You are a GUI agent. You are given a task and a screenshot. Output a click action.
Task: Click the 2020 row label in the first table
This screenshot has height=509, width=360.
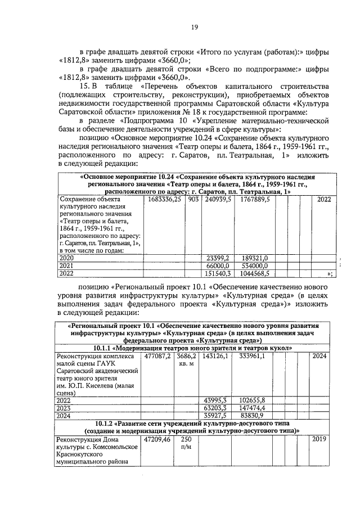67,258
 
